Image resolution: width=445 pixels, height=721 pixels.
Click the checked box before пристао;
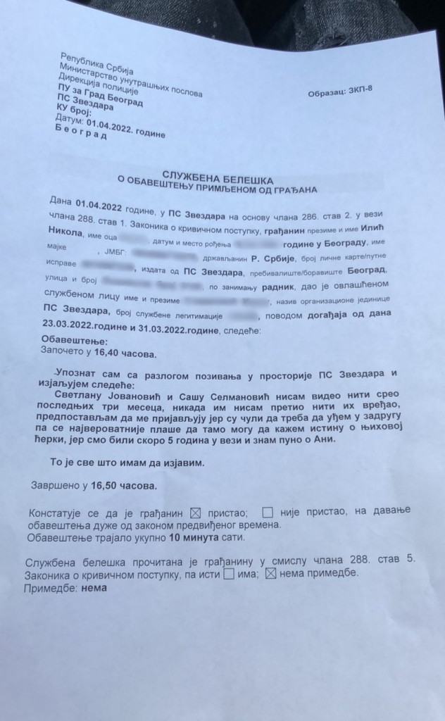(197, 512)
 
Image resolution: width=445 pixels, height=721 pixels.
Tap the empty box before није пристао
(268, 512)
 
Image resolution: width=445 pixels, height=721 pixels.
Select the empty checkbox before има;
(229, 574)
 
